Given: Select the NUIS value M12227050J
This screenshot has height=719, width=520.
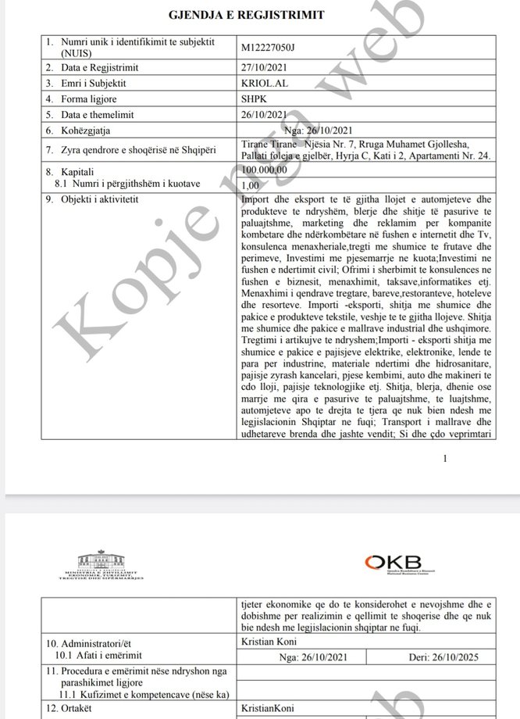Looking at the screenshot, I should [x=271, y=46].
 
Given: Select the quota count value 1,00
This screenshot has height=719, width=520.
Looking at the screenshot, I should [x=252, y=184].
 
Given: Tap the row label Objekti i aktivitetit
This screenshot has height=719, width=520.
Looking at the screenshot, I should [x=92, y=199].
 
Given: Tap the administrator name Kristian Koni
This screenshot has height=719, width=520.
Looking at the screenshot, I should [x=271, y=641].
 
